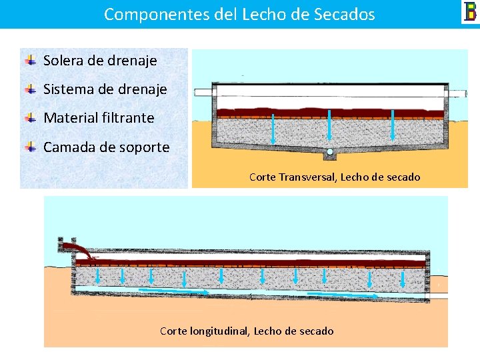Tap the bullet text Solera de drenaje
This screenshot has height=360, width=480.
pos(100,61)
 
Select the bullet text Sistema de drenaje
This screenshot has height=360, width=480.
pos(105,89)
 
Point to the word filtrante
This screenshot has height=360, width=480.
pos(128,118)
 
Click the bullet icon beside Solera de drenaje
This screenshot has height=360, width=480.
pos(31,61)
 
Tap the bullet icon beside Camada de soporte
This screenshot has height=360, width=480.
pos(31,147)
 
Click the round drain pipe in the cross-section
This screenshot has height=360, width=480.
pos(329,152)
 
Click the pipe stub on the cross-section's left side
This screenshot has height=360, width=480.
pos(203,93)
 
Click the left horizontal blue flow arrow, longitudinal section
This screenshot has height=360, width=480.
pos(173,291)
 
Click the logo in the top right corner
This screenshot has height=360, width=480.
pos(470,12)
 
